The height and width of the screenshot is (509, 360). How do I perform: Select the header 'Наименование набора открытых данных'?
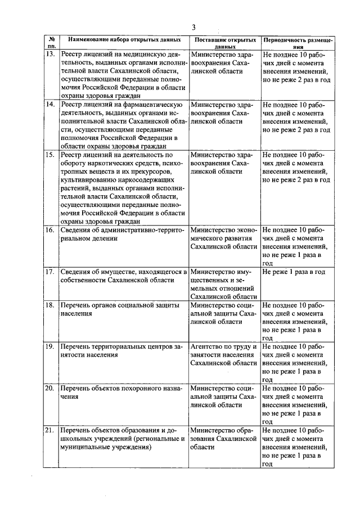pos(124,40)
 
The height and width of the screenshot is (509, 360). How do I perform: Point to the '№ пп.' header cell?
pos(51,44)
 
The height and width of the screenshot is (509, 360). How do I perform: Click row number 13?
pos(50,55)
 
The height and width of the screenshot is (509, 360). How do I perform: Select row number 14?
pos(50,105)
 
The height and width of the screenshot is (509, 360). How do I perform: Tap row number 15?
pos(50,155)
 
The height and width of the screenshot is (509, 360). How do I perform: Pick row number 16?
pos(50,230)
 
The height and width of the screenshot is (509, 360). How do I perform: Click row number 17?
pos(50,272)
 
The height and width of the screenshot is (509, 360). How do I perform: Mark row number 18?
pos(50,305)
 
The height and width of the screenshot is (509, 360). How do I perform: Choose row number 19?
pos(50,346)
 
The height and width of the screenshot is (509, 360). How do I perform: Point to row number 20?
pos(50,388)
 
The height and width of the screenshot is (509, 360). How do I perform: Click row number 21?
pos(50,430)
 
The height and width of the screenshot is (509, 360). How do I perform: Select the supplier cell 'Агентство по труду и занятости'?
pos(224,355)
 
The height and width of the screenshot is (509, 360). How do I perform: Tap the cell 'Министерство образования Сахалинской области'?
pos(224,439)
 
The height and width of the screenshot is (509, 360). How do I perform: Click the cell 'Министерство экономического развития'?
pos(224,238)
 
